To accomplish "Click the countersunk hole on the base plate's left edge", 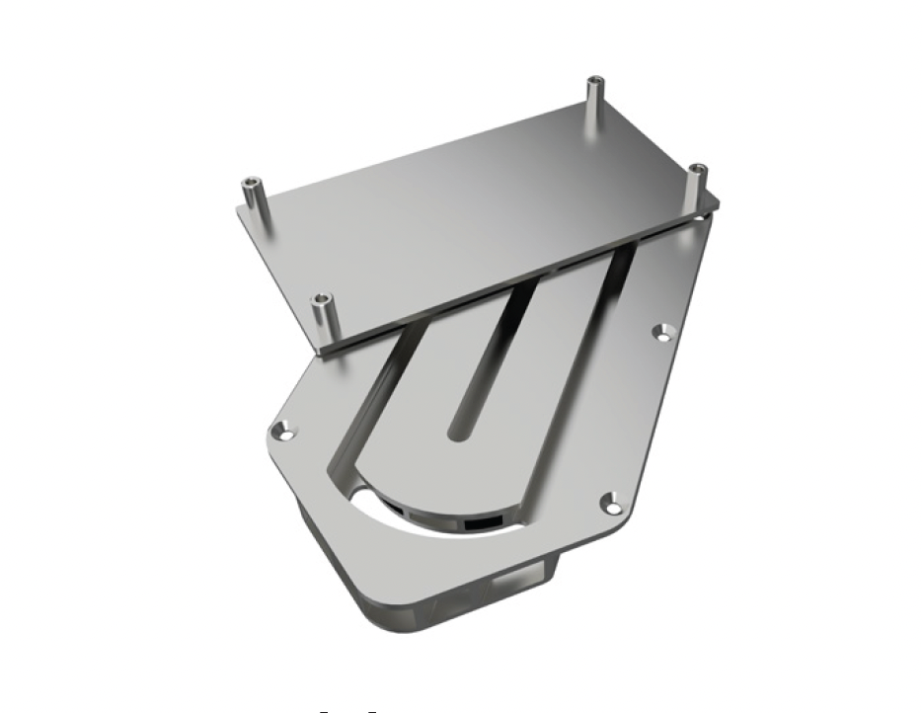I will click(x=286, y=432).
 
